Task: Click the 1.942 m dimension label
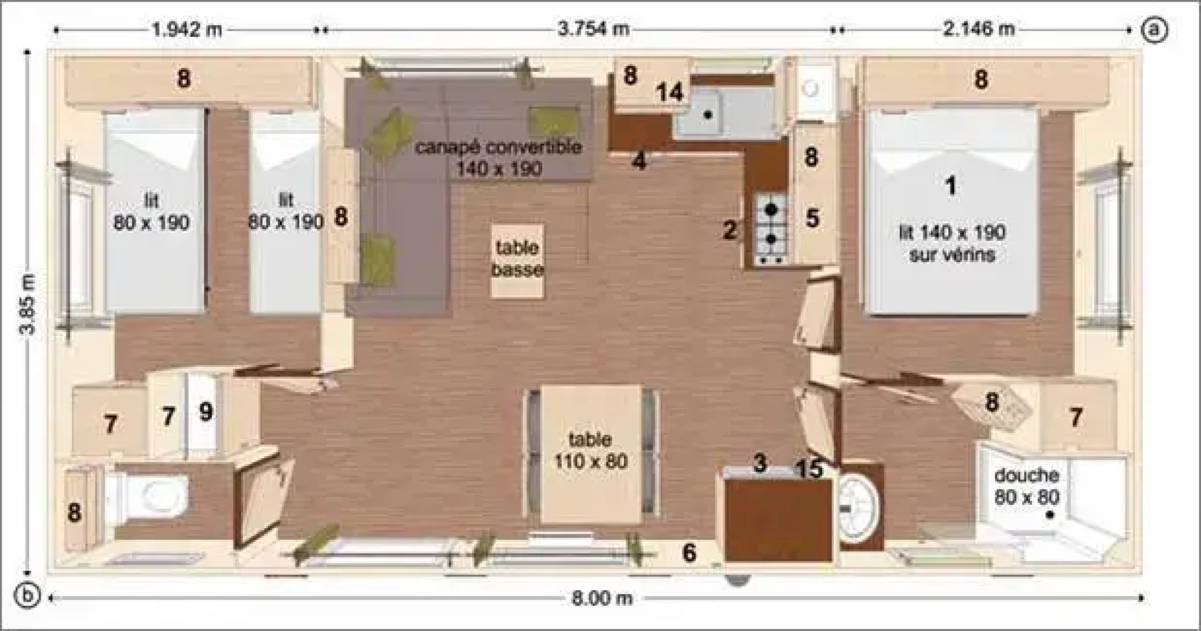[187, 29]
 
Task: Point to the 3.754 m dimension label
[593, 29]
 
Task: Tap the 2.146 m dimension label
[979, 29]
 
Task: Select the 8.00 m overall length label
[602, 598]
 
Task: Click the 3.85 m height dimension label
[27, 304]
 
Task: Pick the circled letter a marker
[1154, 29]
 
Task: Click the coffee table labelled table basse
[517, 261]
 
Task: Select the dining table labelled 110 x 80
[591, 453]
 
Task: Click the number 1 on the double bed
[951, 186]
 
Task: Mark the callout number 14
[669, 92]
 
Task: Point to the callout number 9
[205, 412]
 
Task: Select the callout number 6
[690, 552]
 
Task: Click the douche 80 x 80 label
[1027, 486]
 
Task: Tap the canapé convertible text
[498, 147]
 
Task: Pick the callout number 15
[810, 469]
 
